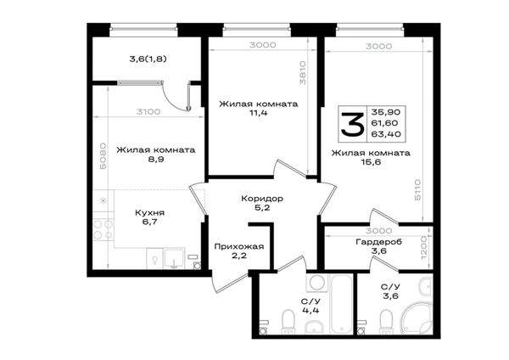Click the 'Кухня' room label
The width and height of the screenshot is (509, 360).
pos(149,213)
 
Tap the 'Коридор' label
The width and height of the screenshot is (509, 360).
pos(262,198)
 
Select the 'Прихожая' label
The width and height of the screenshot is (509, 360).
pos(239,246)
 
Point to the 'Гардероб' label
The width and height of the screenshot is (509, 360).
pos(379,242)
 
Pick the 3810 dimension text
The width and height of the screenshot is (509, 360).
pos(303,72)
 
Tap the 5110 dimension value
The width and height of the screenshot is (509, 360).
pos(417,189)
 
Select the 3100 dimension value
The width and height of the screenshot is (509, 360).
pos(148,112)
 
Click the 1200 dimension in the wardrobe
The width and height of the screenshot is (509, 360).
pos(424,250)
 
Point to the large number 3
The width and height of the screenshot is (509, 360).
pos(352,124)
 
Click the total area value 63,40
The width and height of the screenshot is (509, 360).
pos(386,134)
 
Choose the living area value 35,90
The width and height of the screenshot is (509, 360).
pos(386,112)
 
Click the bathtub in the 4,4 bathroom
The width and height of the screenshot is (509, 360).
pos(342,303)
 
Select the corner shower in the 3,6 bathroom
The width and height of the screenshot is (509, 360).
pos(417,318)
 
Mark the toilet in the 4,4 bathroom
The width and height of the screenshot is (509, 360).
pos(288,322)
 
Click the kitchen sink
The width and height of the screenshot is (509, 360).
pos(175,258)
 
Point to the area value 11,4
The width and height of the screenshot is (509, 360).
pos(259,113)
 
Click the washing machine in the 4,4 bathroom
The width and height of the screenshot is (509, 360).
pos(317,283)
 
